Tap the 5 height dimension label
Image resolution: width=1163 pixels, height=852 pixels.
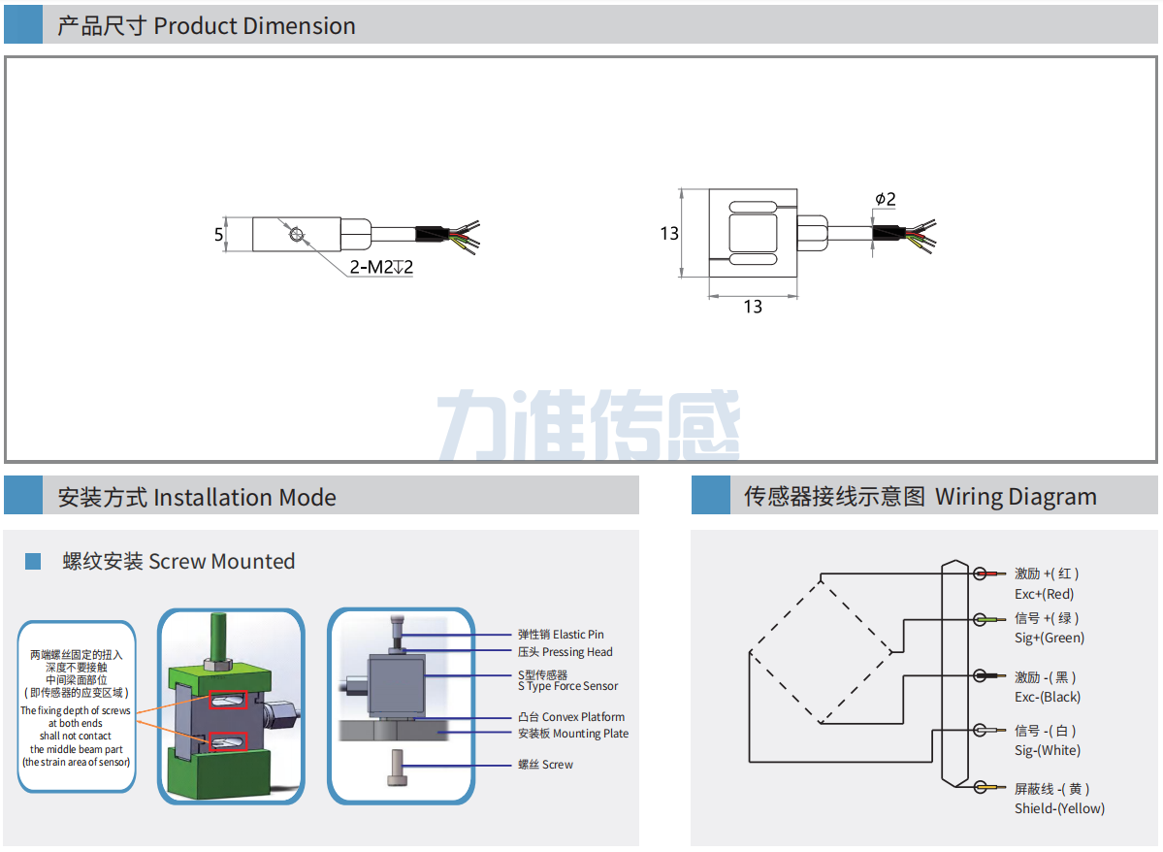pyautogui.click(x=219, y=234)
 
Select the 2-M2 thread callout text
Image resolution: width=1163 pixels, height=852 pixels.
pyautogui.click(x=381, y=267)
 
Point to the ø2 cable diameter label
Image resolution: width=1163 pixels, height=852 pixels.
pyautogui.click(x=885, y=199)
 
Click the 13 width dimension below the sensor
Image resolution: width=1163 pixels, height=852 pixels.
pyautogui.click(x=753, y=307)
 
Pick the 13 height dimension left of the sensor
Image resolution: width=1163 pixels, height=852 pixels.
pyautogui.click(x=669, y=234)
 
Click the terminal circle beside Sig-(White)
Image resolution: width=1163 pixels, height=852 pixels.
pyautogui.click(x=981, y=731)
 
